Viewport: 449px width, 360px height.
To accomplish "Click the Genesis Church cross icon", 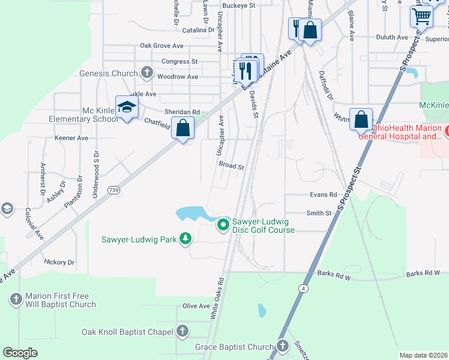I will click(146, 73).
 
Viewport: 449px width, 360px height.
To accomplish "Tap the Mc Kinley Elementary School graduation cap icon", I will click(127, 107).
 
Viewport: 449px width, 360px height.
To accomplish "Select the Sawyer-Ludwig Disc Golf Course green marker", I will click(223, 225).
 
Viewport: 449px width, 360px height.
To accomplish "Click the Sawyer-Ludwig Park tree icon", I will click(185, 239).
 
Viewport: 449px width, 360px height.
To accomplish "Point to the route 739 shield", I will click(113, 190).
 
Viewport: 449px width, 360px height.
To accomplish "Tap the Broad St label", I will click(231, 166).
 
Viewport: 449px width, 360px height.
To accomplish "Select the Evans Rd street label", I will click(324, 194).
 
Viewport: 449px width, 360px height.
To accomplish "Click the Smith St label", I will click(319, 213).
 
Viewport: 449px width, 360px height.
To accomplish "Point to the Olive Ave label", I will click(196, 306).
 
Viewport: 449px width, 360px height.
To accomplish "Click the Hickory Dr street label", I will click(59, 262).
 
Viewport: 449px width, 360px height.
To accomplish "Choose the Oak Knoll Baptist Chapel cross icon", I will click(182, 331).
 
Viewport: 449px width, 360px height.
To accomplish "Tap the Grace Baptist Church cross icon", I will click(283, 346).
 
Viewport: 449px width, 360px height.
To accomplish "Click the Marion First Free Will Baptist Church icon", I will click(16, 297).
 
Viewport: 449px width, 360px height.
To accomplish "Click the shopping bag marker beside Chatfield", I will click(182, 128).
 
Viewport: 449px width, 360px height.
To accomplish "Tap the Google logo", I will click(20, 353).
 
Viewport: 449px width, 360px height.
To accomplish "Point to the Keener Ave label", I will click(71, 137).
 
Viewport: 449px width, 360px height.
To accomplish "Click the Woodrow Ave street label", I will click(177, 77).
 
